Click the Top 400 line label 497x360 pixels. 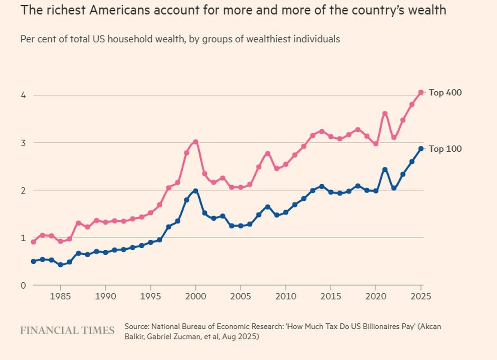click(x=445, y=93)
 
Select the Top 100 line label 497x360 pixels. click(x=445, y=149)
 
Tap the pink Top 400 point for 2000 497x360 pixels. click(x=196, y=142)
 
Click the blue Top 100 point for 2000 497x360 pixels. click(x=196, y=191)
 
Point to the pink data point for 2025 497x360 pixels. click(x=421, y=93)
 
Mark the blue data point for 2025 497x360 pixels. click(x=421, y=149)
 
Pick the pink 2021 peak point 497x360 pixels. click(x=385, y=114)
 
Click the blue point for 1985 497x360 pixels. click(x=61, y=265)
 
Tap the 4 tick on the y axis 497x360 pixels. click(x=23, y=95)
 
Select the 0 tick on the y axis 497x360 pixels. click(x=23, y=285)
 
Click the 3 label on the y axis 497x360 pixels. click(x=23, y=143)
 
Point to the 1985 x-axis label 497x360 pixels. click(x=61, y=297)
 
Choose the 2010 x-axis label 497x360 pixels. click(x=286, y=297)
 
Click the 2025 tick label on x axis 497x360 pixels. click(x=421, y=297)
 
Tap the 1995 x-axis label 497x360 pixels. click(x=150, y=297)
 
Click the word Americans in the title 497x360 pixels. click(x=120, y=10)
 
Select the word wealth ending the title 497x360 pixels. click(x=427, y=10)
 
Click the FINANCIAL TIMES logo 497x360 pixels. click(x=67, y=331)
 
